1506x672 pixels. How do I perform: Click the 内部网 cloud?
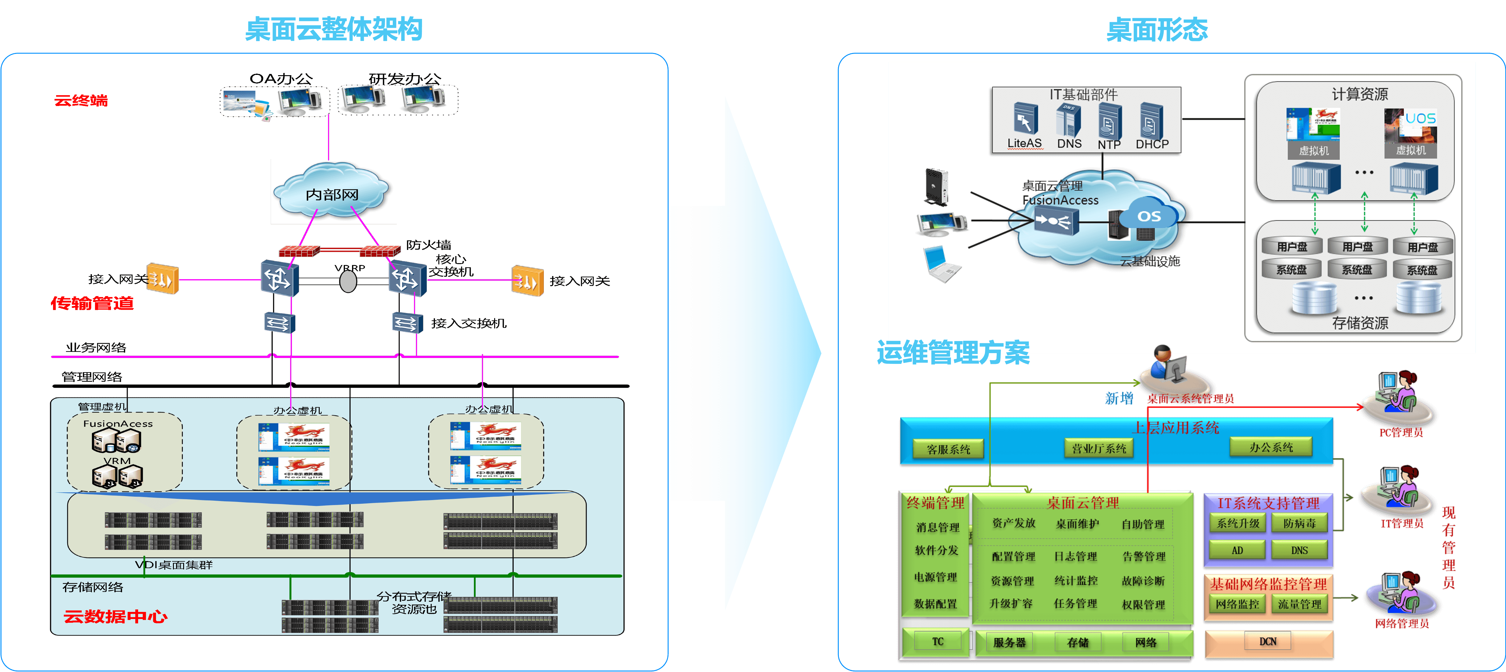click(332, 193)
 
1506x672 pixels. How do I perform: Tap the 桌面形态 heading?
click(1156, 29)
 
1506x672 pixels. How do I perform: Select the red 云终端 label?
click(81, 100)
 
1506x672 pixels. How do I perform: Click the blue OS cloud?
click(1149, 216)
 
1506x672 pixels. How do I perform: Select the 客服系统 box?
click(948, 449)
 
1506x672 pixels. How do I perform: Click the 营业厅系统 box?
click(1098, 448)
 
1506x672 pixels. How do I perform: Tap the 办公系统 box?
click(1271, 447)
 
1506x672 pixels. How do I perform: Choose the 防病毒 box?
click(1299, 523)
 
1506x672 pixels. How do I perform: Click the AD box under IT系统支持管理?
click(1237, 550)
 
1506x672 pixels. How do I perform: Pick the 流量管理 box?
click(1299, 604)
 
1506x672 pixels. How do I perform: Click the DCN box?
click(1267, 641)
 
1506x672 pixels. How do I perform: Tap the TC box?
click(937, 641)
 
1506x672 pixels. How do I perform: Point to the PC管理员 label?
click(1401, 432)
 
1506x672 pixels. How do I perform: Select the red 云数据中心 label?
click(115, 617)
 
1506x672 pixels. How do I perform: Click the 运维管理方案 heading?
click(953, 352)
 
